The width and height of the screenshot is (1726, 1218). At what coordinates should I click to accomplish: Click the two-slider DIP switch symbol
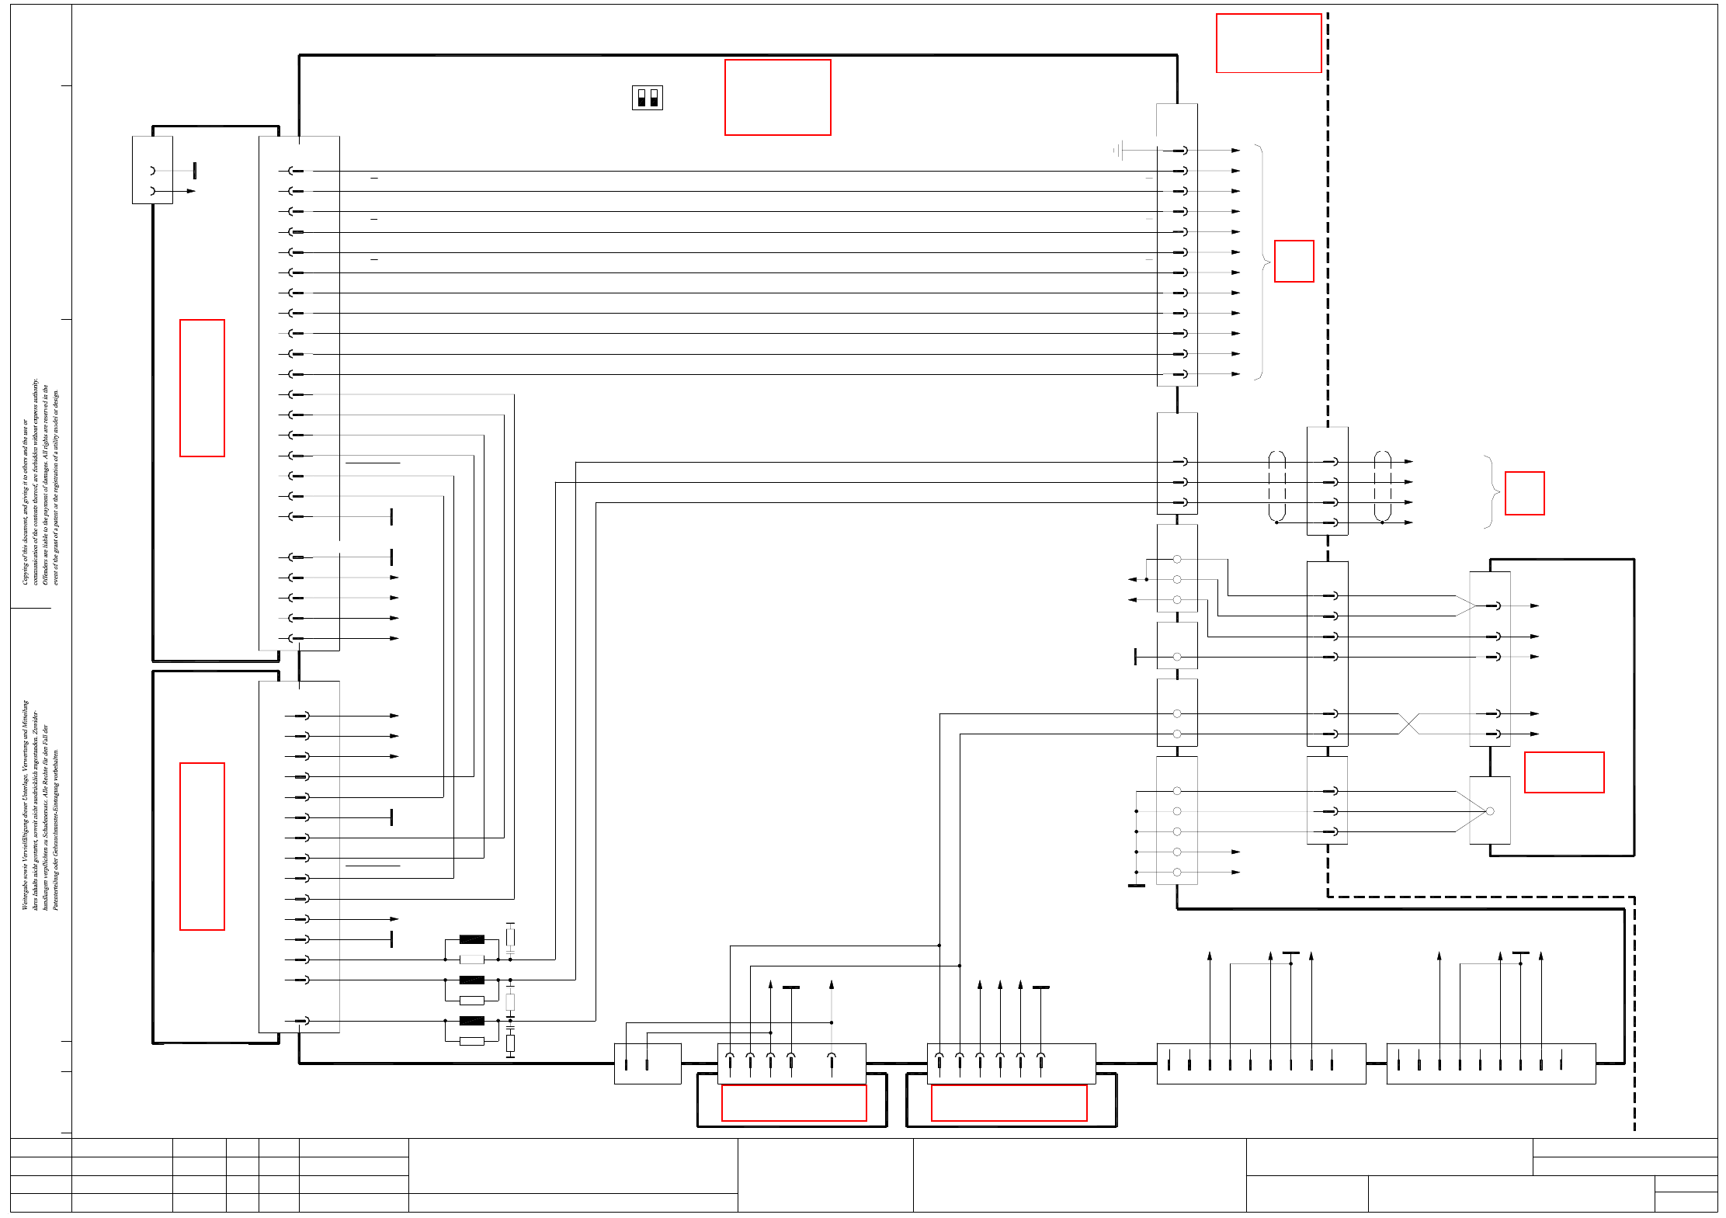coord(647,98)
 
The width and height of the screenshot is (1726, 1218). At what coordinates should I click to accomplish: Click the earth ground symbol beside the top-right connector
coord(1119,150)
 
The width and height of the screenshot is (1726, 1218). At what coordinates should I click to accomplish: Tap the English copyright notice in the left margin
coord(40,482)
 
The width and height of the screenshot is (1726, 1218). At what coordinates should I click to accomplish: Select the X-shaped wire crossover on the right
coord(1408,724)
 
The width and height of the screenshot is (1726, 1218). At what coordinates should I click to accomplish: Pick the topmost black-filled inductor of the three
coord(471,939)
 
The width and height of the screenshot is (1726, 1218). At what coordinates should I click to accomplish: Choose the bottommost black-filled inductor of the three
coord(471,1021)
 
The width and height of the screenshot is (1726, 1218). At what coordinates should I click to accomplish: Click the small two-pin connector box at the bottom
coord(648,1064)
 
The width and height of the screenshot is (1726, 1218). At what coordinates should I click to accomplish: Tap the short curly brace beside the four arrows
coord(1492,492)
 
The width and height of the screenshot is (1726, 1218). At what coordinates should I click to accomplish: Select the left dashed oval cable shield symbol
coord(1276,487)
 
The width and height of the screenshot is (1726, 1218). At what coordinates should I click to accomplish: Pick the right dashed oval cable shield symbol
coord(1382,487)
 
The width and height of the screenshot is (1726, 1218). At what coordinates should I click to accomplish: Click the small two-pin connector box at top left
coord(152,170)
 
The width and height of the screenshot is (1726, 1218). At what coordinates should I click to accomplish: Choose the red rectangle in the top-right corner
coord(1269,43)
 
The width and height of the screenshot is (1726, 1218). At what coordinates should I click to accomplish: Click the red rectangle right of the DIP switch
coord(777,98)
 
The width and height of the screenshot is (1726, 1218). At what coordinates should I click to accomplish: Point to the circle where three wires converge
coord(1489,811)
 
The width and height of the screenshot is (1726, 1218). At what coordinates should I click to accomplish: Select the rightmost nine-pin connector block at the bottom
coord(1491,1064)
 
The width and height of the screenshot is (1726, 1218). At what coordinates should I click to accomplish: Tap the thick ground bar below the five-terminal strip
coord(1136,885)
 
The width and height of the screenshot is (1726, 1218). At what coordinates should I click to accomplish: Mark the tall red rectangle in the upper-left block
coord(202,388)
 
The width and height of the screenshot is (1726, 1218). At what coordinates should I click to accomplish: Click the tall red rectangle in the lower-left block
coord(202,846)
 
